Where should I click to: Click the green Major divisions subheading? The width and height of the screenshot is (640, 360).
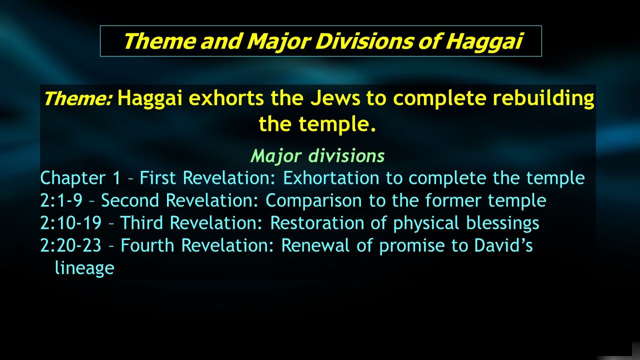click(x=317, y=156)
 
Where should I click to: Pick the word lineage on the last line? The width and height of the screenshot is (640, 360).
click(x=84, y=268)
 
